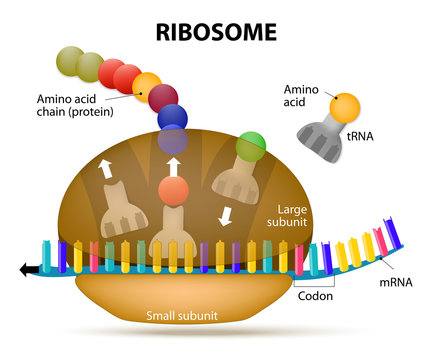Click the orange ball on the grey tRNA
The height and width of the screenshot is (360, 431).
click(x=345, y=107)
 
